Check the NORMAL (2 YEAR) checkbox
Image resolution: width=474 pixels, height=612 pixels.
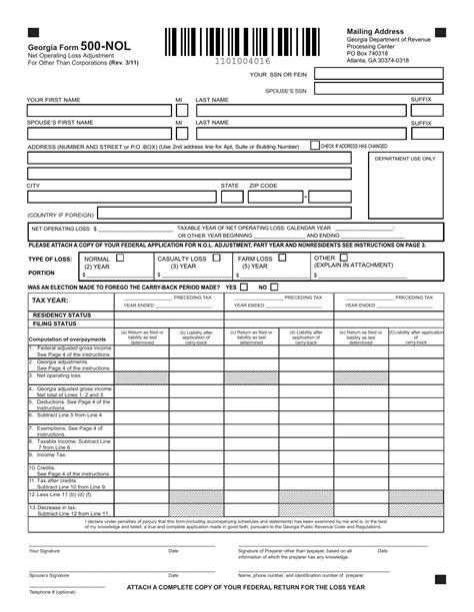pyautogui.click(x=120, y=258)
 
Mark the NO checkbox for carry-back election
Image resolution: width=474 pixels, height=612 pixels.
pyautogui.click(x=276, y=287)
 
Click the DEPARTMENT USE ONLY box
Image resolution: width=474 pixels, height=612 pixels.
pyautogui.click(x=405, y=190)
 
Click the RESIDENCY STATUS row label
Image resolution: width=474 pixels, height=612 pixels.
pyautogui.click(x=62, y=314)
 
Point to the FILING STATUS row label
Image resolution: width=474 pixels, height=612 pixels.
pyautogui.click(x=54, y=323)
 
